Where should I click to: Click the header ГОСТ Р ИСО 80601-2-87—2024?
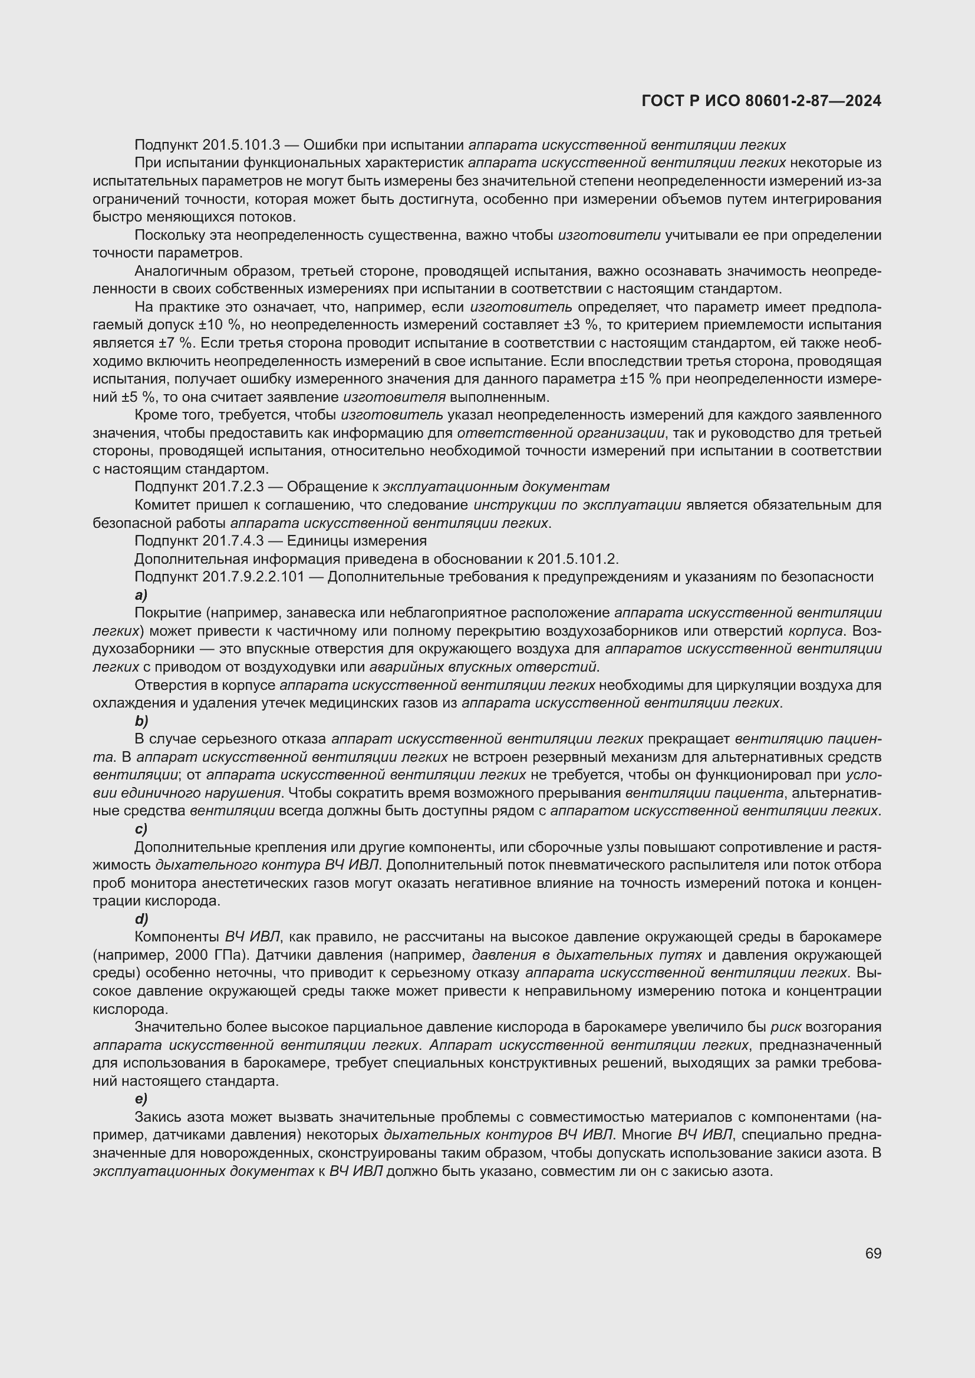(x=760, y=101)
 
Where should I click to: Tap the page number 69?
(x=873, y=1254)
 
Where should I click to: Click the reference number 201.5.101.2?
(x=577, y=559)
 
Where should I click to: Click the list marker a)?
(x=141, y=595)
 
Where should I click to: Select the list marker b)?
(x=141, y=721)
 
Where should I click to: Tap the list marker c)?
(x=141, y=829)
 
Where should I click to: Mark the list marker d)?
(x=141, y=919)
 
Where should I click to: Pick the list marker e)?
(x=141, y=1099)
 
